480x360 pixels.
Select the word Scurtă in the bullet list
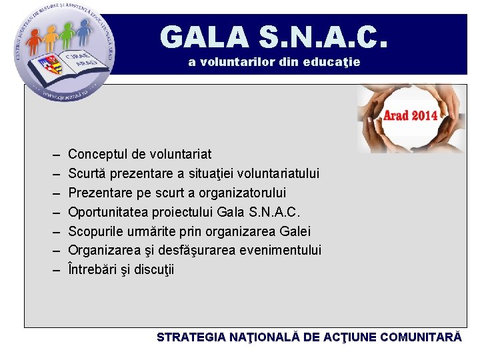pyautogui.click(x=87, y=173)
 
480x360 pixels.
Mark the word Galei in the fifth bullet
pyautogui.click(x=296, y=231)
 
